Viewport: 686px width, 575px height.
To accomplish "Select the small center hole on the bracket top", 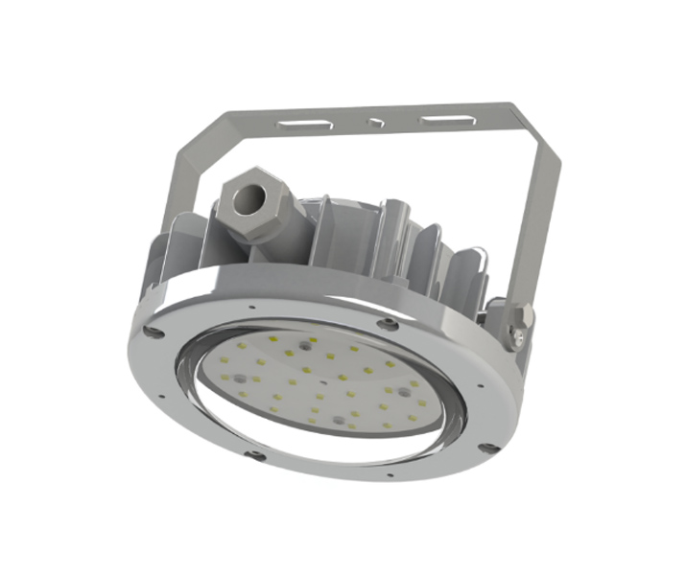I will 375,124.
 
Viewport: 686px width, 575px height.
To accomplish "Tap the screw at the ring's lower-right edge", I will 488,447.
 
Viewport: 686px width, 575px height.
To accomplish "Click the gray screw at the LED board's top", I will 304,341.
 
